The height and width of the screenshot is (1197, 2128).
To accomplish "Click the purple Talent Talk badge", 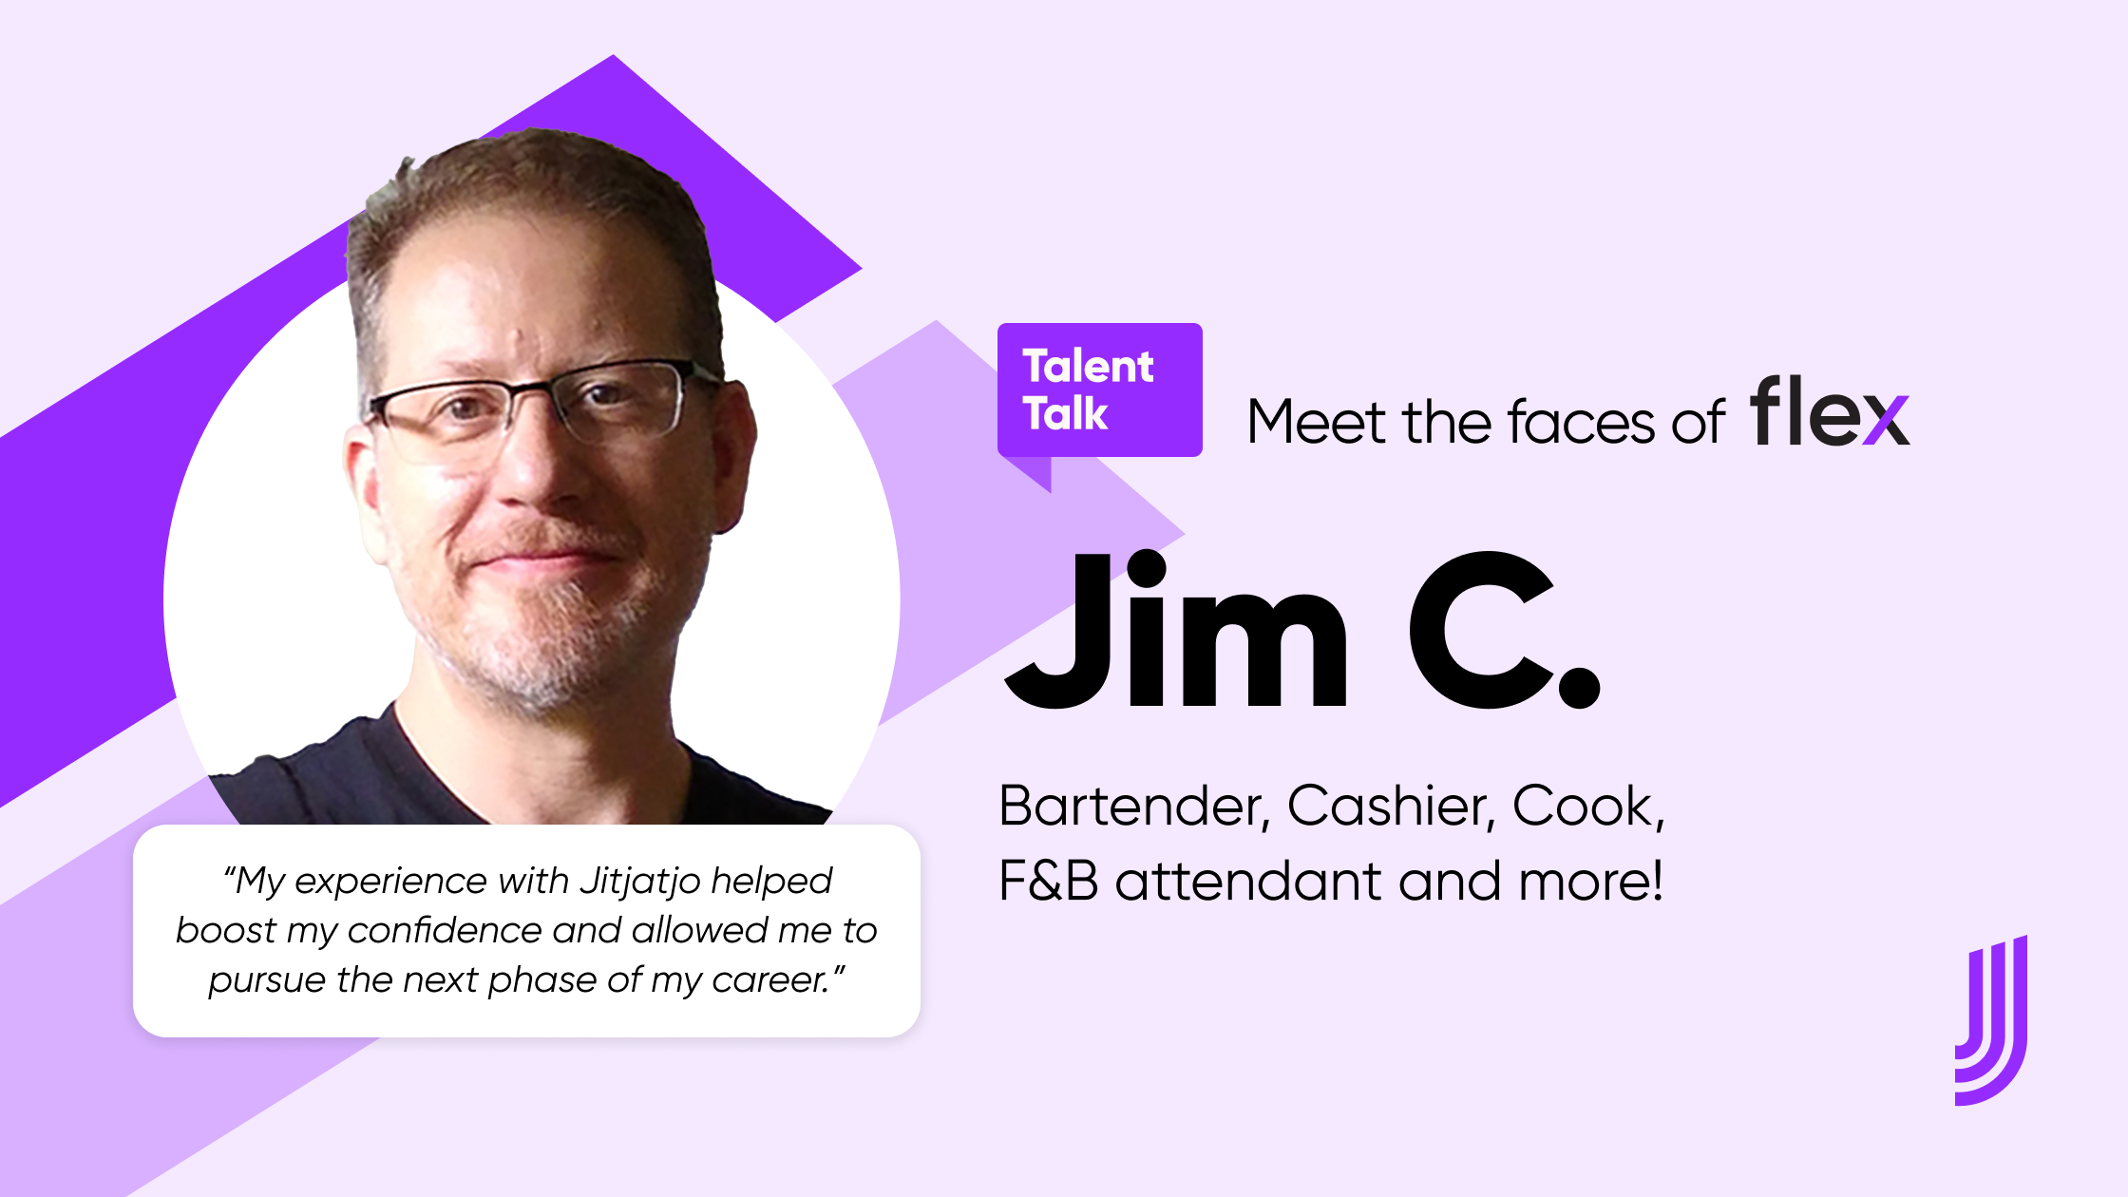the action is (x=1099, y=390).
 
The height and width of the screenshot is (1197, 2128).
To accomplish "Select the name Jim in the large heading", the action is (x=1177, y=629).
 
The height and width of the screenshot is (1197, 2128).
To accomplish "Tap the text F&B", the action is (x=1049, y=881).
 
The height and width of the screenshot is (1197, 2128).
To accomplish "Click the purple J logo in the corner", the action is (x=1991, y=1020).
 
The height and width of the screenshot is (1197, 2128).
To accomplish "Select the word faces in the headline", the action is (x=1581, y=422).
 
